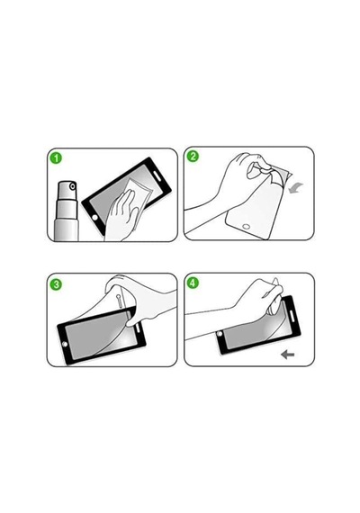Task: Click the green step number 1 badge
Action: point(57,158)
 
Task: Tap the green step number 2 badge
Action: point(193,157)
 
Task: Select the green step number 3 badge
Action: point(57,284)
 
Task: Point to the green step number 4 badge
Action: point(193,283)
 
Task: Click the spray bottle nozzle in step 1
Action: point(73,187)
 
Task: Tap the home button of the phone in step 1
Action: point(94,217)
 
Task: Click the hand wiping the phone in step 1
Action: point(121,217)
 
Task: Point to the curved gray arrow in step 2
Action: point(295,188)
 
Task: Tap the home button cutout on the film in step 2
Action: point(246,226)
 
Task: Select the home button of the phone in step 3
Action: point(65,344)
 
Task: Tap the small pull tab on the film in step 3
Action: point(120,301)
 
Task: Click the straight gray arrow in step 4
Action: point(288,355)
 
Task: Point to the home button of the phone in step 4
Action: point(220,334)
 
